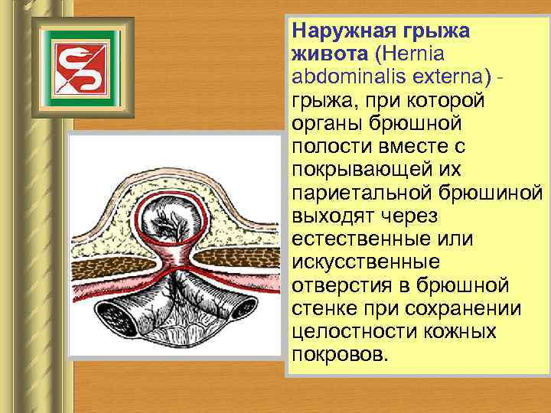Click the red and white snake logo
pos(75,67)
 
